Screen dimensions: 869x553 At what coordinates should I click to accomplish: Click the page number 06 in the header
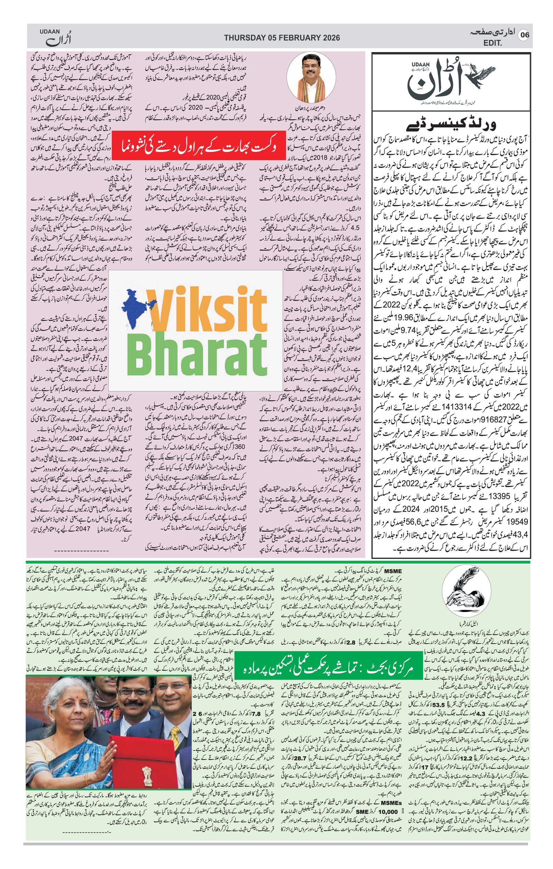click(x=524, y=35)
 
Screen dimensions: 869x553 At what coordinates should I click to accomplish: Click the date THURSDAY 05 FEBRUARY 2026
click(x=282, y=38)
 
